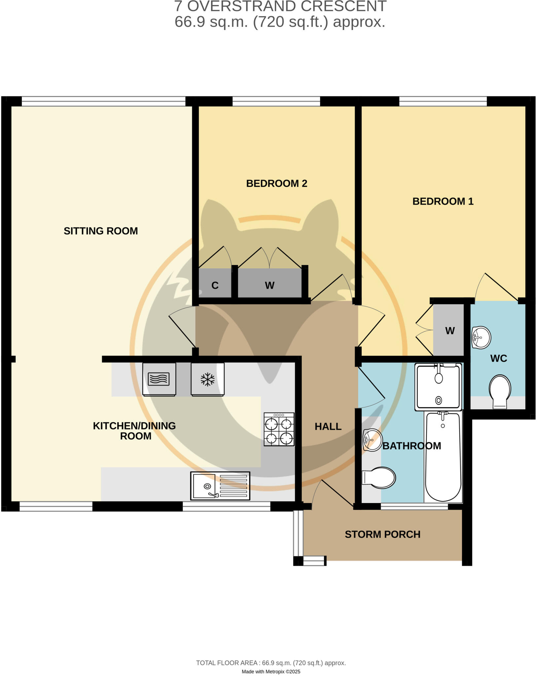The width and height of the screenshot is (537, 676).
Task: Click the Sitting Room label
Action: tap(101, 231)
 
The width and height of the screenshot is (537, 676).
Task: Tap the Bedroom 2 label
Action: tap(276, 184)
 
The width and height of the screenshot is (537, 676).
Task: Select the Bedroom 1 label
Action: tap(443, 201)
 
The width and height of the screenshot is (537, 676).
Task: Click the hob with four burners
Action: tap(279, 429)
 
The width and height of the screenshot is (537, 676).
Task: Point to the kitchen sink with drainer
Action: tap(220, 486)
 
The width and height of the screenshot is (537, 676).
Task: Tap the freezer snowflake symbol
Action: tap(207, 379)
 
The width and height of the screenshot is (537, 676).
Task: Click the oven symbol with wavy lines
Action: tap(159, 379)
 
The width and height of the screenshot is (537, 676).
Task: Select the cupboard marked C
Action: tap(215, 285)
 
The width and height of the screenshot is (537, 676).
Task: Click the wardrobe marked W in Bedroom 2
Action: tap(269, 285)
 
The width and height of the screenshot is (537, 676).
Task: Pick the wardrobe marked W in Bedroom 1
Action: tap(449, 330)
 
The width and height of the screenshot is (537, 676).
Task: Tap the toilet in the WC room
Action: tap(500, 391)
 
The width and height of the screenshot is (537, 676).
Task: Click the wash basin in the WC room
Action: tap(481, 337)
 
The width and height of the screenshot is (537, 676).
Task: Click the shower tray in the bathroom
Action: tap(438, 387)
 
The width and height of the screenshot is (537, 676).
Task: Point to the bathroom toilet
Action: tap(379, 477)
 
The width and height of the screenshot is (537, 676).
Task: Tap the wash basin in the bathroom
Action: tap(372, 440)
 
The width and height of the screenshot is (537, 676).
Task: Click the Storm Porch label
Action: tap(382, 534)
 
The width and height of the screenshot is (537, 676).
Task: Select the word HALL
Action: tap(328, 426)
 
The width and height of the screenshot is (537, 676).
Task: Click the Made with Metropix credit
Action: tap(271, 671)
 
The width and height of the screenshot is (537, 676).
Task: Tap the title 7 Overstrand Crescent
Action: tap(280, 6)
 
